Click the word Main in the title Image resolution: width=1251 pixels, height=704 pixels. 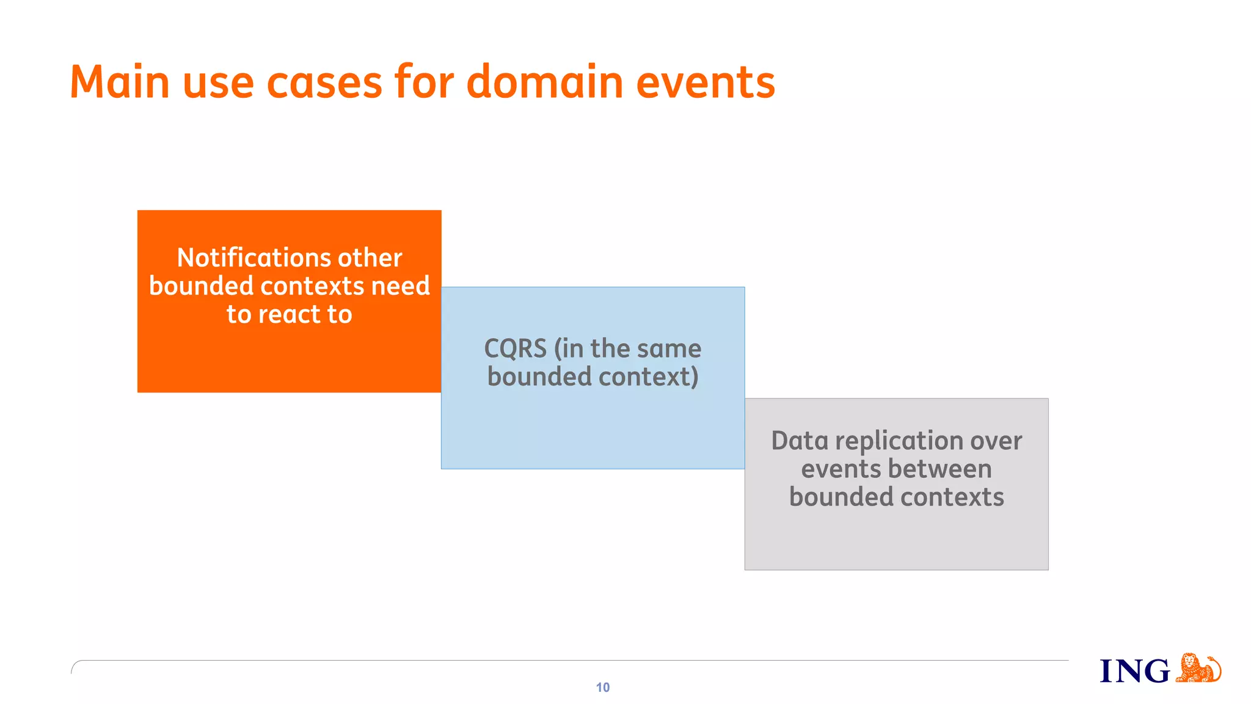(x=119, y=82)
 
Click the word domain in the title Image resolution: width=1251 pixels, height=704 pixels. (x=544, y=82)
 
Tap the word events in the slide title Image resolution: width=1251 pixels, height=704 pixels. (x=705, y=82)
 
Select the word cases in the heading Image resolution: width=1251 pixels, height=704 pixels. (x=324, y=82)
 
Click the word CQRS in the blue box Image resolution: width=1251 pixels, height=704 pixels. (x=515, y=349)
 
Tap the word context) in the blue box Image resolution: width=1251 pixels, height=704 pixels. (x=648, y=377)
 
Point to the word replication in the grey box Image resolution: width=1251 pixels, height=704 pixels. (x=895, y=441)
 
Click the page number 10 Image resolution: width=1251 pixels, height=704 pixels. (x=602, y=687)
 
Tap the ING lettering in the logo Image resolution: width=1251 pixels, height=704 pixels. (x=1134, y=671)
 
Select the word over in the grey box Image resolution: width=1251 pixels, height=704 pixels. (x=996, y=441)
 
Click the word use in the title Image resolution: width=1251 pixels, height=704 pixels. (x=218, y=82)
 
